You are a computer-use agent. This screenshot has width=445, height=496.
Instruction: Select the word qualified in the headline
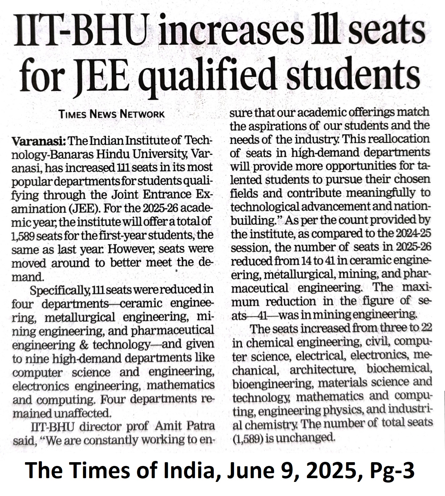207,77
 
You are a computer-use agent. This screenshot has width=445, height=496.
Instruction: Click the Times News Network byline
111,114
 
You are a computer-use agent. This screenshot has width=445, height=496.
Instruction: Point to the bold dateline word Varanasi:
38,141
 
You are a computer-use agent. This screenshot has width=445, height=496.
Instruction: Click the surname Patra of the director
200,426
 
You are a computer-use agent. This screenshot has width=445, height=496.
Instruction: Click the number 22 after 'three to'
426,328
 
